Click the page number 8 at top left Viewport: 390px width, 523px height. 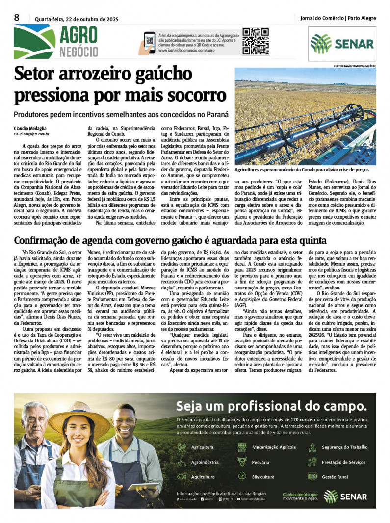[17, 18]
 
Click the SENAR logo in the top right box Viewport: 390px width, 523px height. [342, 44]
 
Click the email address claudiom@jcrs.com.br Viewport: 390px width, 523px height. [31, 134]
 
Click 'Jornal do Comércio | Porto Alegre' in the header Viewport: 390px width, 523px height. [338, 18]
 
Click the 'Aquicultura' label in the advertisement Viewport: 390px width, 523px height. [203, 476]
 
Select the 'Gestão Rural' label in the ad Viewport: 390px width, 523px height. [335, 476]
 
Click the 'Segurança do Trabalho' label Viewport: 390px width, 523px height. [344, 447]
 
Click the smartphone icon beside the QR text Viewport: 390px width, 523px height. [150, 41]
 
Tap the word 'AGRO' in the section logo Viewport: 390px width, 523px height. [78, 34]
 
